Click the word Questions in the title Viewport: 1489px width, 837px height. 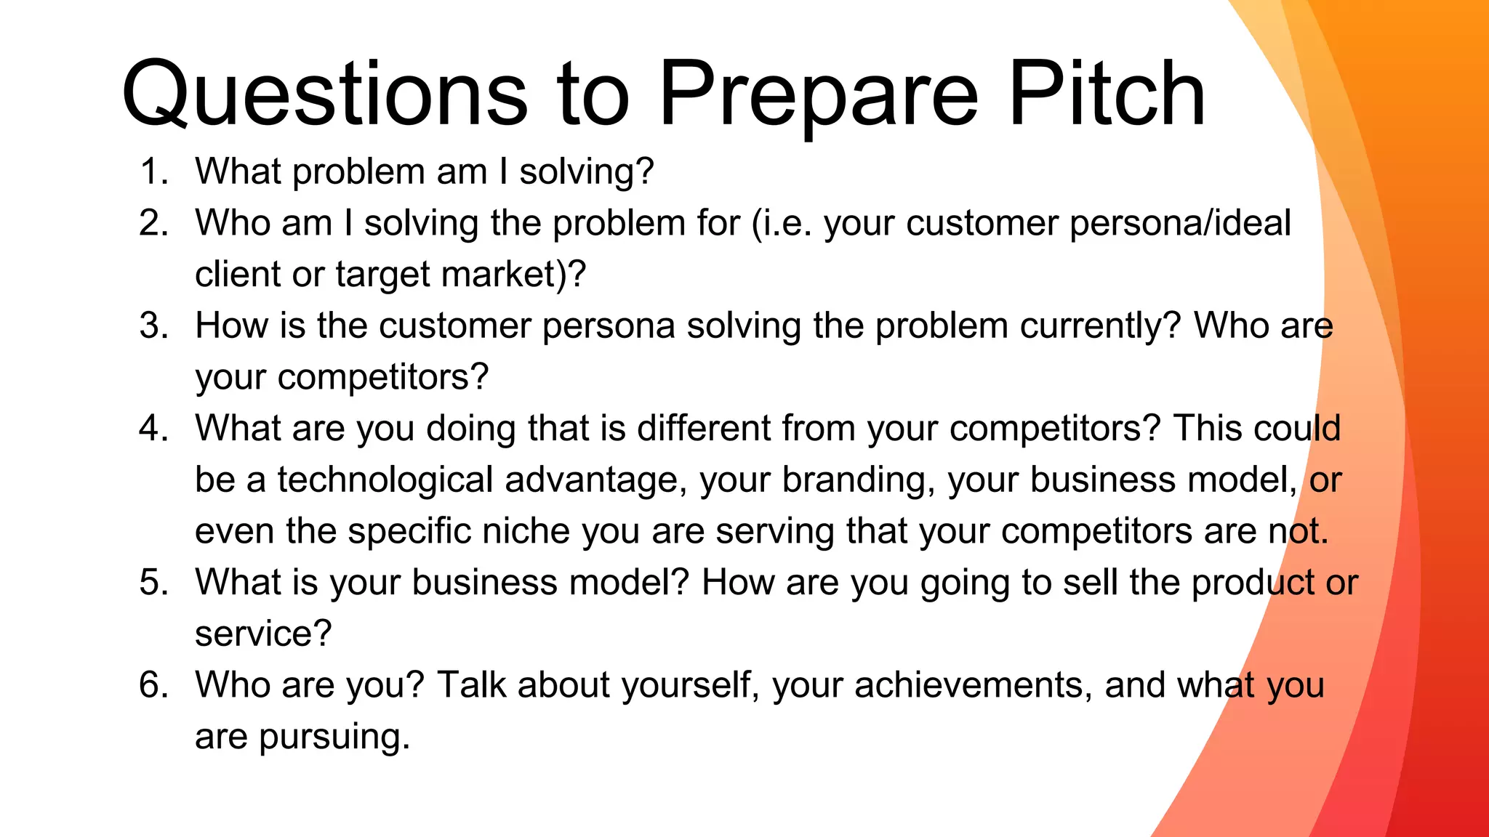[x=324, y=94]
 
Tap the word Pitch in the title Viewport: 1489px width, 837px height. [x=1107, y=94]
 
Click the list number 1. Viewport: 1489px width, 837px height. [x=153, y=172]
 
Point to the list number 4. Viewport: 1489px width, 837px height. [x=153, y=428]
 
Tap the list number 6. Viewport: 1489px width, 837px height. [x=153, y=685]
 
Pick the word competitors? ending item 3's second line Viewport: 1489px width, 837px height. [x=383, y=378]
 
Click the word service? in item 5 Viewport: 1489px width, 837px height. [x=263, y=634]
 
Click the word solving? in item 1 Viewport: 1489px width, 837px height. [x=587, y=173]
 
